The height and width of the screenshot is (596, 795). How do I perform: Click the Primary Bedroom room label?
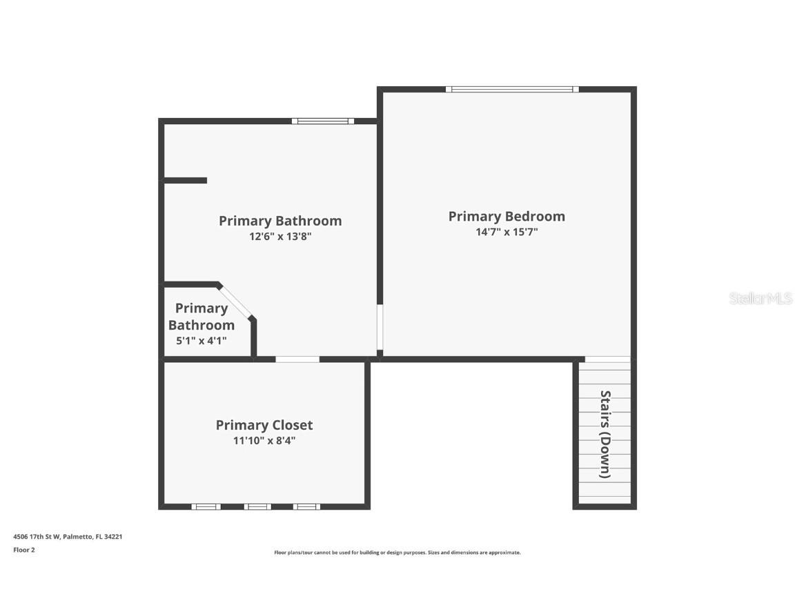[507, 217]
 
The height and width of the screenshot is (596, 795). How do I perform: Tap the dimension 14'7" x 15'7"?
[507, 232]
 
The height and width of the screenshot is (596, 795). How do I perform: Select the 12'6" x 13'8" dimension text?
[280, 236]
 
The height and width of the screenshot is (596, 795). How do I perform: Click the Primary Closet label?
[264, 425]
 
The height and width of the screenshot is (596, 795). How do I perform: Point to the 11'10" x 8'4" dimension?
[264, 440]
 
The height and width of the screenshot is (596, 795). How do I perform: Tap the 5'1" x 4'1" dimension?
[202, 341]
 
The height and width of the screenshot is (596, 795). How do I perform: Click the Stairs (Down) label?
[605, 435]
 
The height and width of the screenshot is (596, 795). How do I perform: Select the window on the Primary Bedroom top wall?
[512, 90]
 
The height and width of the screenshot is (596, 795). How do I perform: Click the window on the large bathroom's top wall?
[323, 121]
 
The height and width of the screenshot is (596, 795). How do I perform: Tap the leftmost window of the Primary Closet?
[206, 507]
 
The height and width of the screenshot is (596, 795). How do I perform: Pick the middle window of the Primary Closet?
[257, 507]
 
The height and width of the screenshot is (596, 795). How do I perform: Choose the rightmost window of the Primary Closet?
[306, 507]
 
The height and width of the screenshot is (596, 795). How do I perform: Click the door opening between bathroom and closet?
[297, 359]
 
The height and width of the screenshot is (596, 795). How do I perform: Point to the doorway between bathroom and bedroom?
[380, 327]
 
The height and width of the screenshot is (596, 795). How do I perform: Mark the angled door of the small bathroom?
[235, 301]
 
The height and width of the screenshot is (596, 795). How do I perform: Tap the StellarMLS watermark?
[760, 299]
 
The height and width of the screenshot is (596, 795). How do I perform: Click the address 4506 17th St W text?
[37, 537]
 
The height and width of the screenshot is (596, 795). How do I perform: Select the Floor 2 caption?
[24, 550]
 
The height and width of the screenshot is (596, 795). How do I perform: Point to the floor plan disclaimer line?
[397, 553]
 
